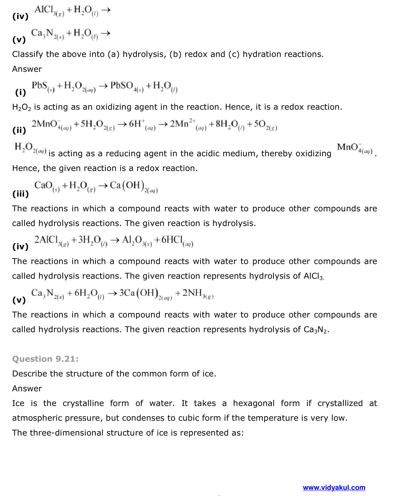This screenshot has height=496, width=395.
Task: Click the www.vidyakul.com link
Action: [x=334, y=488]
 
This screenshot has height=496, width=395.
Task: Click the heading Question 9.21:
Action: [x=45, y=359]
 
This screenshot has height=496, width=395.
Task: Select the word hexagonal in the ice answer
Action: [x=253, y=403]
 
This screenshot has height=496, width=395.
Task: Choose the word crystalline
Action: [x=83, y=403]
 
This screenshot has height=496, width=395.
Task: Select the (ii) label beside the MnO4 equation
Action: [x=19, y=130]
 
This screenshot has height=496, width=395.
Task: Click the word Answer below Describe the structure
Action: [x=27, y=389]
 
